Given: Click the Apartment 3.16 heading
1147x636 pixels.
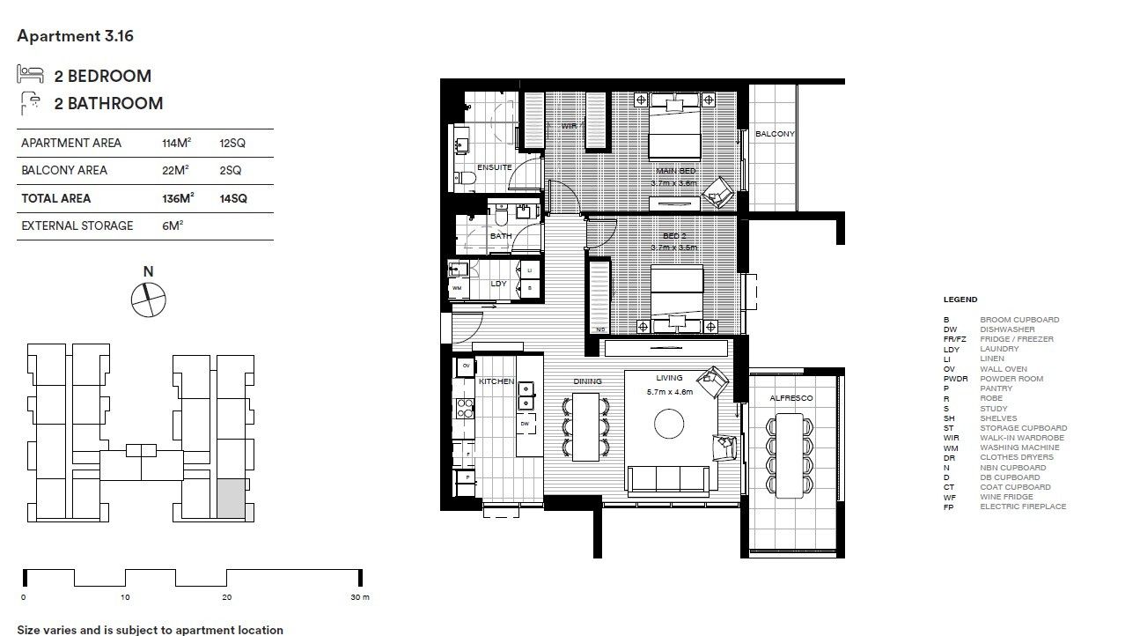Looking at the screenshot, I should (75, 36).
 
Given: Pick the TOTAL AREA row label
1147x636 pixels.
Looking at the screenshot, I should (55, 198).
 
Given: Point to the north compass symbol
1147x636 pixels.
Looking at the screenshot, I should (147, 299).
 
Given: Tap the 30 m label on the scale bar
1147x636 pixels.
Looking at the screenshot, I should (360, 597).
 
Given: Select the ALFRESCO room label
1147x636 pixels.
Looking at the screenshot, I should (791, 398).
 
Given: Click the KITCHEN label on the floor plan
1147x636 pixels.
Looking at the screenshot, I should (496, 381).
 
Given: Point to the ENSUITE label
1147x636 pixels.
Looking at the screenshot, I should (494, 166).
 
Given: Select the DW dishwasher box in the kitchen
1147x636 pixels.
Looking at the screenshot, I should (525, 424).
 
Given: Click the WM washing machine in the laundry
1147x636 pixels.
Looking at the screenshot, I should (457, 288).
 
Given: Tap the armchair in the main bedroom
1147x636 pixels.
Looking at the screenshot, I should (721, 190).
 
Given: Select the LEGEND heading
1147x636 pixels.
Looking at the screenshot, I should (960, 300).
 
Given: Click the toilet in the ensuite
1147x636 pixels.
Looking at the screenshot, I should (467, 181).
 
